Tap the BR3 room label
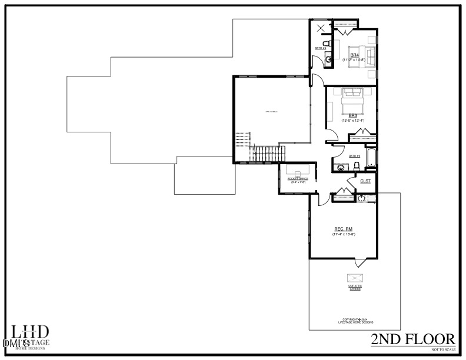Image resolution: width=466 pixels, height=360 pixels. (x=352, y=115)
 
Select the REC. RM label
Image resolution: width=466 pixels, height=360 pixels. (x=343, y=229)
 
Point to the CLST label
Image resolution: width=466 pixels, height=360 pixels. (x=365, y=181)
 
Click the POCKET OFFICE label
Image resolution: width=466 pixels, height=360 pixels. (x=298, y=178)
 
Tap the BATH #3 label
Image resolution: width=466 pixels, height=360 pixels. (x=354, y=156)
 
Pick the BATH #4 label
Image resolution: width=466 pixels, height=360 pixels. (x=320, y=48)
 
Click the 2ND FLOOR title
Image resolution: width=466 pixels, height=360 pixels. (x=413, y=339)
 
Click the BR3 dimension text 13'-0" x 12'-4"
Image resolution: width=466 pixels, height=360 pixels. (x=352, y=121)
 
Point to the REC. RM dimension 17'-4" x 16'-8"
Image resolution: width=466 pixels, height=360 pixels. (x=343, y=234)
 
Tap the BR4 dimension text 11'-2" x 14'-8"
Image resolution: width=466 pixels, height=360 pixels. (x=354, y=59)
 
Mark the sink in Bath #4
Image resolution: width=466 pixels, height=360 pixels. (x=328, y=58)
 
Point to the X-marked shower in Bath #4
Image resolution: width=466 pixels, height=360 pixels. (x=321, y=28)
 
